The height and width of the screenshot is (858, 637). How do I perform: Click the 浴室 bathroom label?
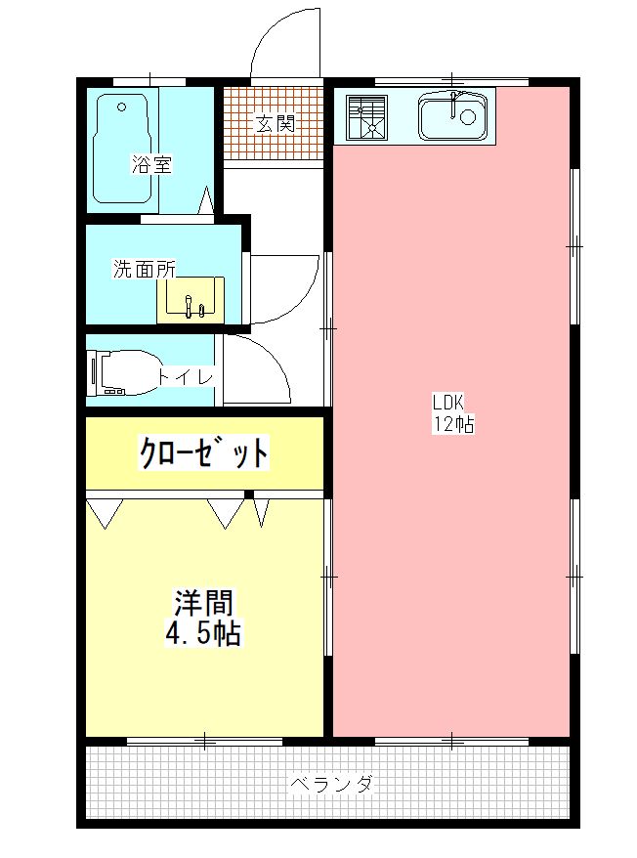(x=151, y=165)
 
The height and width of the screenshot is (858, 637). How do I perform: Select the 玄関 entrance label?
(x=274, y=124)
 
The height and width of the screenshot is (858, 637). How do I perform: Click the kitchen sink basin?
(x=452, y=118)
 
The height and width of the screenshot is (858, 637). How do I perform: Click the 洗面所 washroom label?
(x=144, y=270)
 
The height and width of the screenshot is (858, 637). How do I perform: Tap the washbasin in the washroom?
(x=191, y=300)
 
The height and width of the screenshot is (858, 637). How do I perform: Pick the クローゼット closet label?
(x=204, y=452)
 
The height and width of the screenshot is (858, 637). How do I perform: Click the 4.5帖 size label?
(x=203, y=633)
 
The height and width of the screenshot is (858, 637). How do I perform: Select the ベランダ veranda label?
(x=331, y=784)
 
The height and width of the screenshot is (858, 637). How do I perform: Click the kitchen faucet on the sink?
(x=455, y=103)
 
